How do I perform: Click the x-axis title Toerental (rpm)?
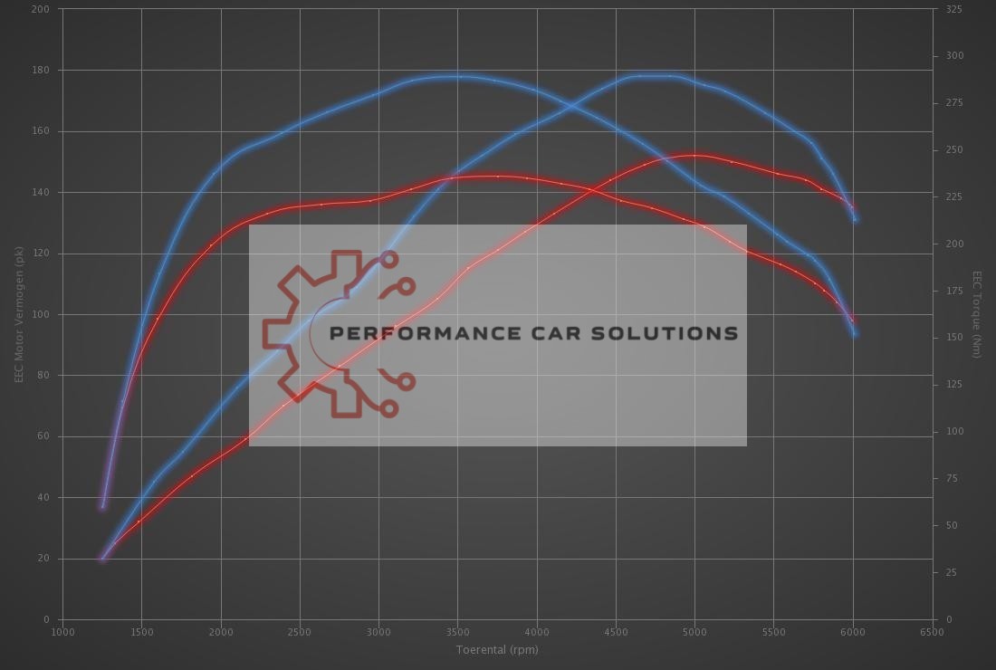click(x=497, y=649)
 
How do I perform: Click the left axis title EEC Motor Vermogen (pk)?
click(x=19, y=314)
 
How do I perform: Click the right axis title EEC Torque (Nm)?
click(x=977, y=314)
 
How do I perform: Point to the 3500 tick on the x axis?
click(x=457, y=632)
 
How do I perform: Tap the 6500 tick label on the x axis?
click(x=932, y=632)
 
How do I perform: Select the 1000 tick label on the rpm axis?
click(x=62, y=632)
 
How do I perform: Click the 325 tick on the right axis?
click(x=954, y=9)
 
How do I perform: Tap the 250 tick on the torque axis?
click(x=954, y=150)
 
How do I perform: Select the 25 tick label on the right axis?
click(x=951, y=572)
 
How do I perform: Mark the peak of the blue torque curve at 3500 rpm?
click(x=457, y=76)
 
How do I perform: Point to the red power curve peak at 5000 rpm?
click(x=694, y=155)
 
